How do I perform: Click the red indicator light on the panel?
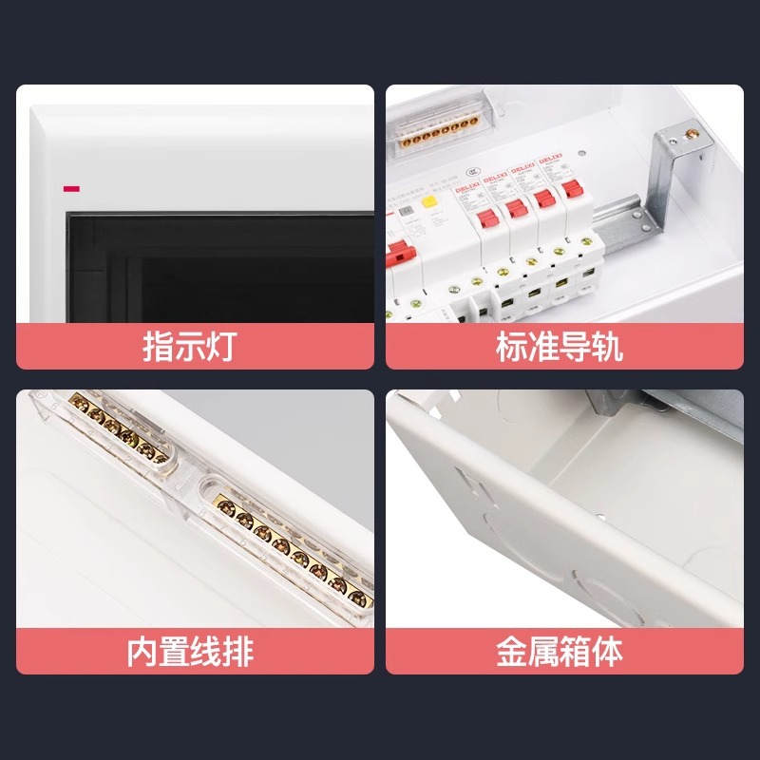[70, 188]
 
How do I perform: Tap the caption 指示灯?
[188, 347]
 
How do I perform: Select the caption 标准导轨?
[559, 347]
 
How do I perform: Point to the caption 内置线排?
[190, 653]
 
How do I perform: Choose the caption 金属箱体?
[559, 653]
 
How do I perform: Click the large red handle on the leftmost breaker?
[400, 255]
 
